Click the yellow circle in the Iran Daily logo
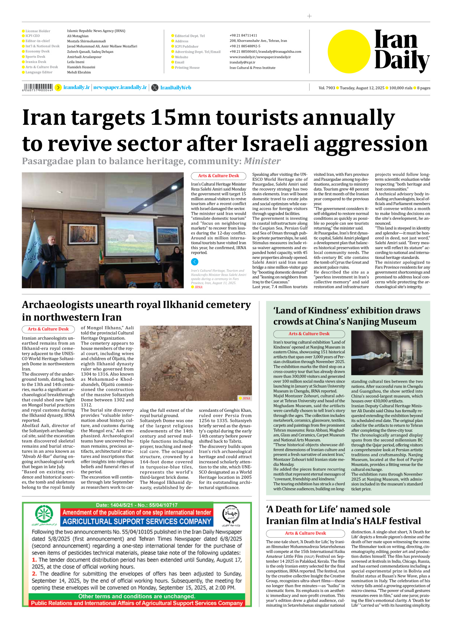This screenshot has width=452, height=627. point(349,52)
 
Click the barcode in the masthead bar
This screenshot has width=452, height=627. point(38,87)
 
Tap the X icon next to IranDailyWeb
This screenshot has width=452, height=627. point(155,88)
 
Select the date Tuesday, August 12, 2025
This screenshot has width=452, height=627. point(362,88)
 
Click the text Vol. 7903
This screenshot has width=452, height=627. point(327,88)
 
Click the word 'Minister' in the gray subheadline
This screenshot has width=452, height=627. point(262,161)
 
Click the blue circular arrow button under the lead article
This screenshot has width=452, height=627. point(195,262)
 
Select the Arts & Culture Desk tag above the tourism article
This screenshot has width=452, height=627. point(218,176)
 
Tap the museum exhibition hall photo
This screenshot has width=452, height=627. point(387,353)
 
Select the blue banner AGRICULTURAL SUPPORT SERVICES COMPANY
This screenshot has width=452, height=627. point(136,521)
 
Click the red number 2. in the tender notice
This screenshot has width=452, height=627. point(34,573)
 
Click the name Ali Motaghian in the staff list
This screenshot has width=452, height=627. point(78,36)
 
